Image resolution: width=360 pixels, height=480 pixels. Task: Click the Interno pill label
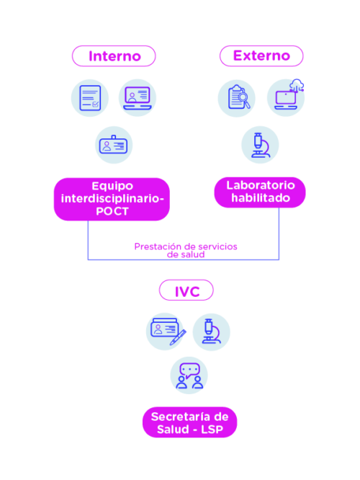point(114,56)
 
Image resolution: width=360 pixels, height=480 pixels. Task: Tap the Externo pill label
point(261,55)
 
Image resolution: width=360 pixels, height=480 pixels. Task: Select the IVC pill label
point(186,290)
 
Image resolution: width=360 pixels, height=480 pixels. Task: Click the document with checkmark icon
point(90,98)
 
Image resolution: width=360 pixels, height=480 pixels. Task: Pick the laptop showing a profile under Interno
point(138,98)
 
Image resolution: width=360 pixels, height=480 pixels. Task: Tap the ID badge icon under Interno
point(114,145)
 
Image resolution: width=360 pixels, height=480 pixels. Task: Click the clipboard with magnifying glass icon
point(236,98)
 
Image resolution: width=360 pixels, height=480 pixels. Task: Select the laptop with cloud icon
point(286,97)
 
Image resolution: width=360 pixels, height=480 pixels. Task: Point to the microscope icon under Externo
point(260,145)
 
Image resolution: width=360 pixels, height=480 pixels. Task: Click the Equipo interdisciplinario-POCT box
point(112,199)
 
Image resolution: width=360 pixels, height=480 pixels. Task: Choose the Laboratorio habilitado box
point(260,192)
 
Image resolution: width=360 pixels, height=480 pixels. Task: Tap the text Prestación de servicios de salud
point(186,250)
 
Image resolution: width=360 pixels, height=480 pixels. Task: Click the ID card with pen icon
point(165,332)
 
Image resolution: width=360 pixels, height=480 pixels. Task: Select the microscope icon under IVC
point(212,332)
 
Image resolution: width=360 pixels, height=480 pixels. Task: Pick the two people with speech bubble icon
point(189,375)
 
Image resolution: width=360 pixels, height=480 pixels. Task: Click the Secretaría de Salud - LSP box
point(189,422)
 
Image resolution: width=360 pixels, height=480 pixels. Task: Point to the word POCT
point(112,211)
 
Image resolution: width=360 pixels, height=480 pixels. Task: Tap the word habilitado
point(261,197)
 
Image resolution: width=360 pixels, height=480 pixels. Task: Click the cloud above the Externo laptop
point(297,84)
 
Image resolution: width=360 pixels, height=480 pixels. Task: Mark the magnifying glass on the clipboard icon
point(244,99)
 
